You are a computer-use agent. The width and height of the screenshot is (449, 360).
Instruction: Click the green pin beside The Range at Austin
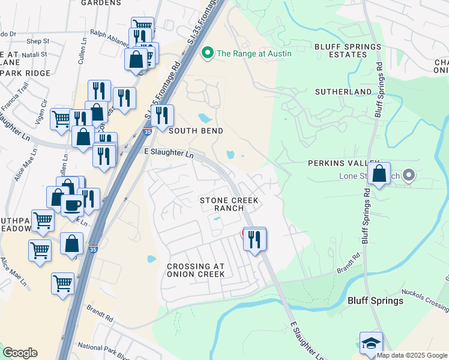pyautogui.click(x=208, y=53)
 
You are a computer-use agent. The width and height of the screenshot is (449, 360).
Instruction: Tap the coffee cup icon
pyautogui.click(x=72, y=205)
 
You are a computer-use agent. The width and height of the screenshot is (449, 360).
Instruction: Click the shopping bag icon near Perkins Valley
pyautogui.click(x=379, y=174)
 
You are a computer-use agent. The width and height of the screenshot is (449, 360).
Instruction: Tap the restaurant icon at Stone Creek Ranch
pyautogui.click(x=255, y=239)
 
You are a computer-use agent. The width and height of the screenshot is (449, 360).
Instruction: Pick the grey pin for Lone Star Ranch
pyautogui.click(x=409, y=176)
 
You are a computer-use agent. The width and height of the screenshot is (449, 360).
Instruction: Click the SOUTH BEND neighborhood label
pyautogui.click(x=196, y=131)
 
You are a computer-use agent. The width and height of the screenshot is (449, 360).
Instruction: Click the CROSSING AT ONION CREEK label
pyautogui.click(x=196, y=270)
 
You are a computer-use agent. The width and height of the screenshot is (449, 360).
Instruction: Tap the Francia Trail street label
pyautogui.click(x=15, y=100)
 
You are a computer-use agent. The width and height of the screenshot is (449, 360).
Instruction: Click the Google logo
pyautogui.click(x=20, y=353)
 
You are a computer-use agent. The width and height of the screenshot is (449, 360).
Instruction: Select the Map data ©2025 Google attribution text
pyautogui.click(x=412, y=355)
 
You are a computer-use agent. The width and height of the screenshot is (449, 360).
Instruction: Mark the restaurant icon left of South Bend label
pyautogui.click(x=161, y=116)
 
